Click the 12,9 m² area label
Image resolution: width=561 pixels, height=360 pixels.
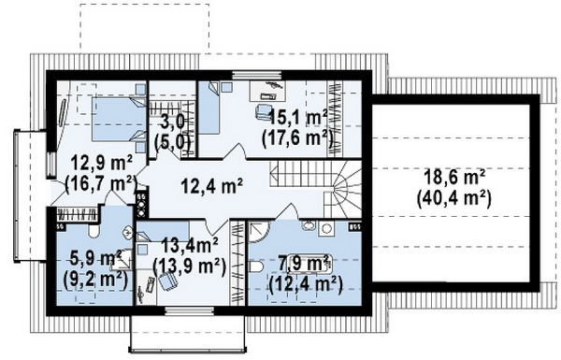pos(102,164)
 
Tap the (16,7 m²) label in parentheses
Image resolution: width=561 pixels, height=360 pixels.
pos(101,183)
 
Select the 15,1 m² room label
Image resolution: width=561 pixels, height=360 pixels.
pos(298,118)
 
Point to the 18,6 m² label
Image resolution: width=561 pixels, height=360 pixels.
pos(454,177)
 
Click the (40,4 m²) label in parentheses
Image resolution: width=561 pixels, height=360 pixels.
pos(453,197)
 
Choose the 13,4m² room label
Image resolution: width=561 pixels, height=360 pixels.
pos(190,247)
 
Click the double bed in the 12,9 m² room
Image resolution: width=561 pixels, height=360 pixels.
pos(119,119)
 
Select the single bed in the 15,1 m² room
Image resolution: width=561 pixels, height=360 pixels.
pos(209,108)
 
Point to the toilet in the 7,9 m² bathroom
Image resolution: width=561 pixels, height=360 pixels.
pos(256,266)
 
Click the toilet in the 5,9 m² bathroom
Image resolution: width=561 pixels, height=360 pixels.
pos(93,231)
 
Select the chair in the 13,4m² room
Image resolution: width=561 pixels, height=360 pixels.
pos(167,281)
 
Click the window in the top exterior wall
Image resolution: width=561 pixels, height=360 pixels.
pos(256,76)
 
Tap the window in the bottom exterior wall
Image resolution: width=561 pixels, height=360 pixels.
pos(190,310)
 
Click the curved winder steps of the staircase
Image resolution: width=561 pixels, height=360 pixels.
pos(344,190)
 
